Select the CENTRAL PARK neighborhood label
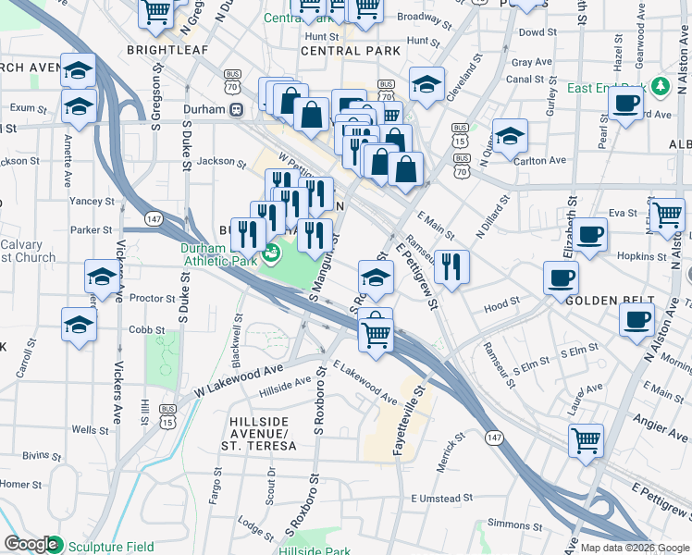[x=351, y=50]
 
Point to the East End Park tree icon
[x=660, y=87]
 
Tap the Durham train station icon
[x=237, y=109]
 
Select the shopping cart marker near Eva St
[x=667, y=215]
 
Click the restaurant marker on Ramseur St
[x=451, y=266]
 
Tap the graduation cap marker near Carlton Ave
[x=510, y=136]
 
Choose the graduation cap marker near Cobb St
[x=79, y=325]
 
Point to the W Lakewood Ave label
[x=239, y=380]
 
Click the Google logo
[x=31, y=545]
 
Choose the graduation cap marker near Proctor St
[x=101, y=276]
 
